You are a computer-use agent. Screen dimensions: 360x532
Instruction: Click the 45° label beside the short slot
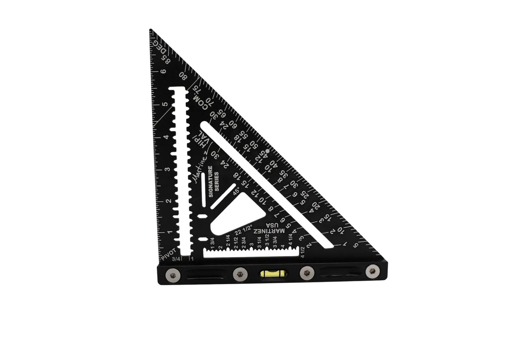tap(236, 191)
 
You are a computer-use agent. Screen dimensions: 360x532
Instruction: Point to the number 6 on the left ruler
tap(163, 71)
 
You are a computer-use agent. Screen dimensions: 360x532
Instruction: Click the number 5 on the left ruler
tap(164, 104)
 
